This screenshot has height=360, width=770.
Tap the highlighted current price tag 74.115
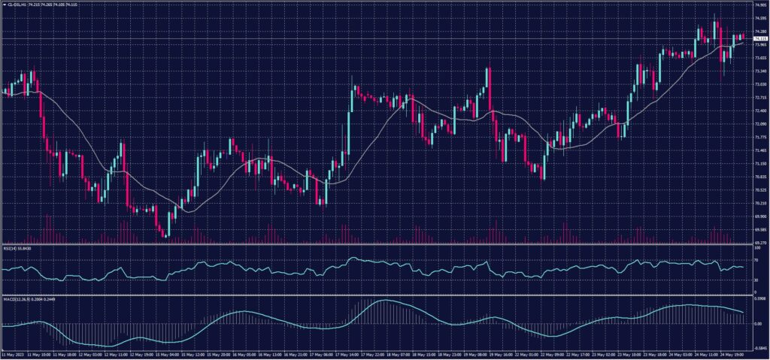click(759, 38)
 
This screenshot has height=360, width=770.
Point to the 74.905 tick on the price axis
click(759, 5)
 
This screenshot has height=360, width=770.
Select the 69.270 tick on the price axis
click(759, 243)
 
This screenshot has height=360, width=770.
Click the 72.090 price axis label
click(759, 124)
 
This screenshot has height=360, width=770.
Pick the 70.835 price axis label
click(759, 177)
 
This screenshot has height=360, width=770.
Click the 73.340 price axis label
click(759, 71)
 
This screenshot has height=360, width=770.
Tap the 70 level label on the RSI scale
click(755, 259)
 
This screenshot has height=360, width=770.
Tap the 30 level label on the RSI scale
click(755, 280)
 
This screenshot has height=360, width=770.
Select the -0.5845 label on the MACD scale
click(759, 348)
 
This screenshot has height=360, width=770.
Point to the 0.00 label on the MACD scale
click(757, 324)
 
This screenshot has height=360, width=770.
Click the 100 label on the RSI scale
click(756, 247)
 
